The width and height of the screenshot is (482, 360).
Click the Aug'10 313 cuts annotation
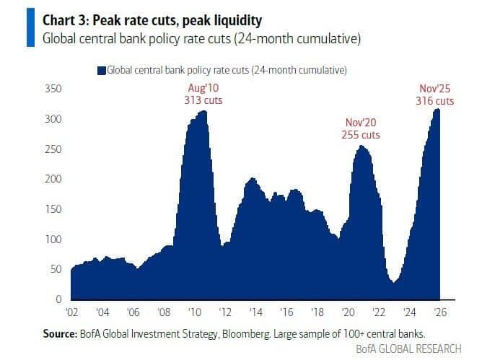(x=202, y=95)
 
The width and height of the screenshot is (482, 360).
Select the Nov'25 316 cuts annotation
(x=437, y=95)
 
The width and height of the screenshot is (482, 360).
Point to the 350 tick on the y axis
(x=54, y=89)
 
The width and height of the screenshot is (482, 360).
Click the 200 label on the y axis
(x=54, y=179)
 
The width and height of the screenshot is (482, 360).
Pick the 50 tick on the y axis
(x=56, y=269)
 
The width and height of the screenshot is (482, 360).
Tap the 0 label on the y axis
(x=59, y=299)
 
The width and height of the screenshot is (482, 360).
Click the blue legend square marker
(x=102, y=70)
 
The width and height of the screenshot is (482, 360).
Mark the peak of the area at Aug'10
(x=204, y=111)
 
